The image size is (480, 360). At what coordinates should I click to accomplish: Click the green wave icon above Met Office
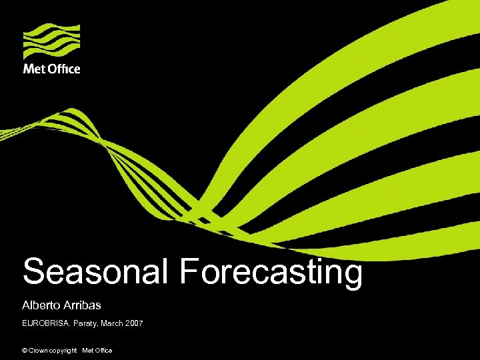click(x=52, y=41)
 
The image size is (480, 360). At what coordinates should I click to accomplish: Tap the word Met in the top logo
click(x=34, y=69)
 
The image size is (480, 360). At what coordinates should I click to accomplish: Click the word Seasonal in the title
click(x=96, y=272)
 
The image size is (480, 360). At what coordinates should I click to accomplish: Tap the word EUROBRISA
click(x=46, y=323)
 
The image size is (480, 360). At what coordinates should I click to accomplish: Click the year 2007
click(x=133, y=323)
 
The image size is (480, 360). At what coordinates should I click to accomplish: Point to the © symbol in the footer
click(x=25, y=350)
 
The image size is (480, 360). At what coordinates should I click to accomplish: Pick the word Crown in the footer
click(x=39, y=350)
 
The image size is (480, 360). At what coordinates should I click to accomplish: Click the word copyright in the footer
click(x=63, y=351)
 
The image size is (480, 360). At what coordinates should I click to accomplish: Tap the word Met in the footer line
click(x=88, y=350)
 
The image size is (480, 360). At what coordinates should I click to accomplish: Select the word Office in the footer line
click(x=103, y=350)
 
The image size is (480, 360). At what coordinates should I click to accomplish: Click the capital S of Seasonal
click(x=33, y=272)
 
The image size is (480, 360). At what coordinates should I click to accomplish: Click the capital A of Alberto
click(x=26, y=305)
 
